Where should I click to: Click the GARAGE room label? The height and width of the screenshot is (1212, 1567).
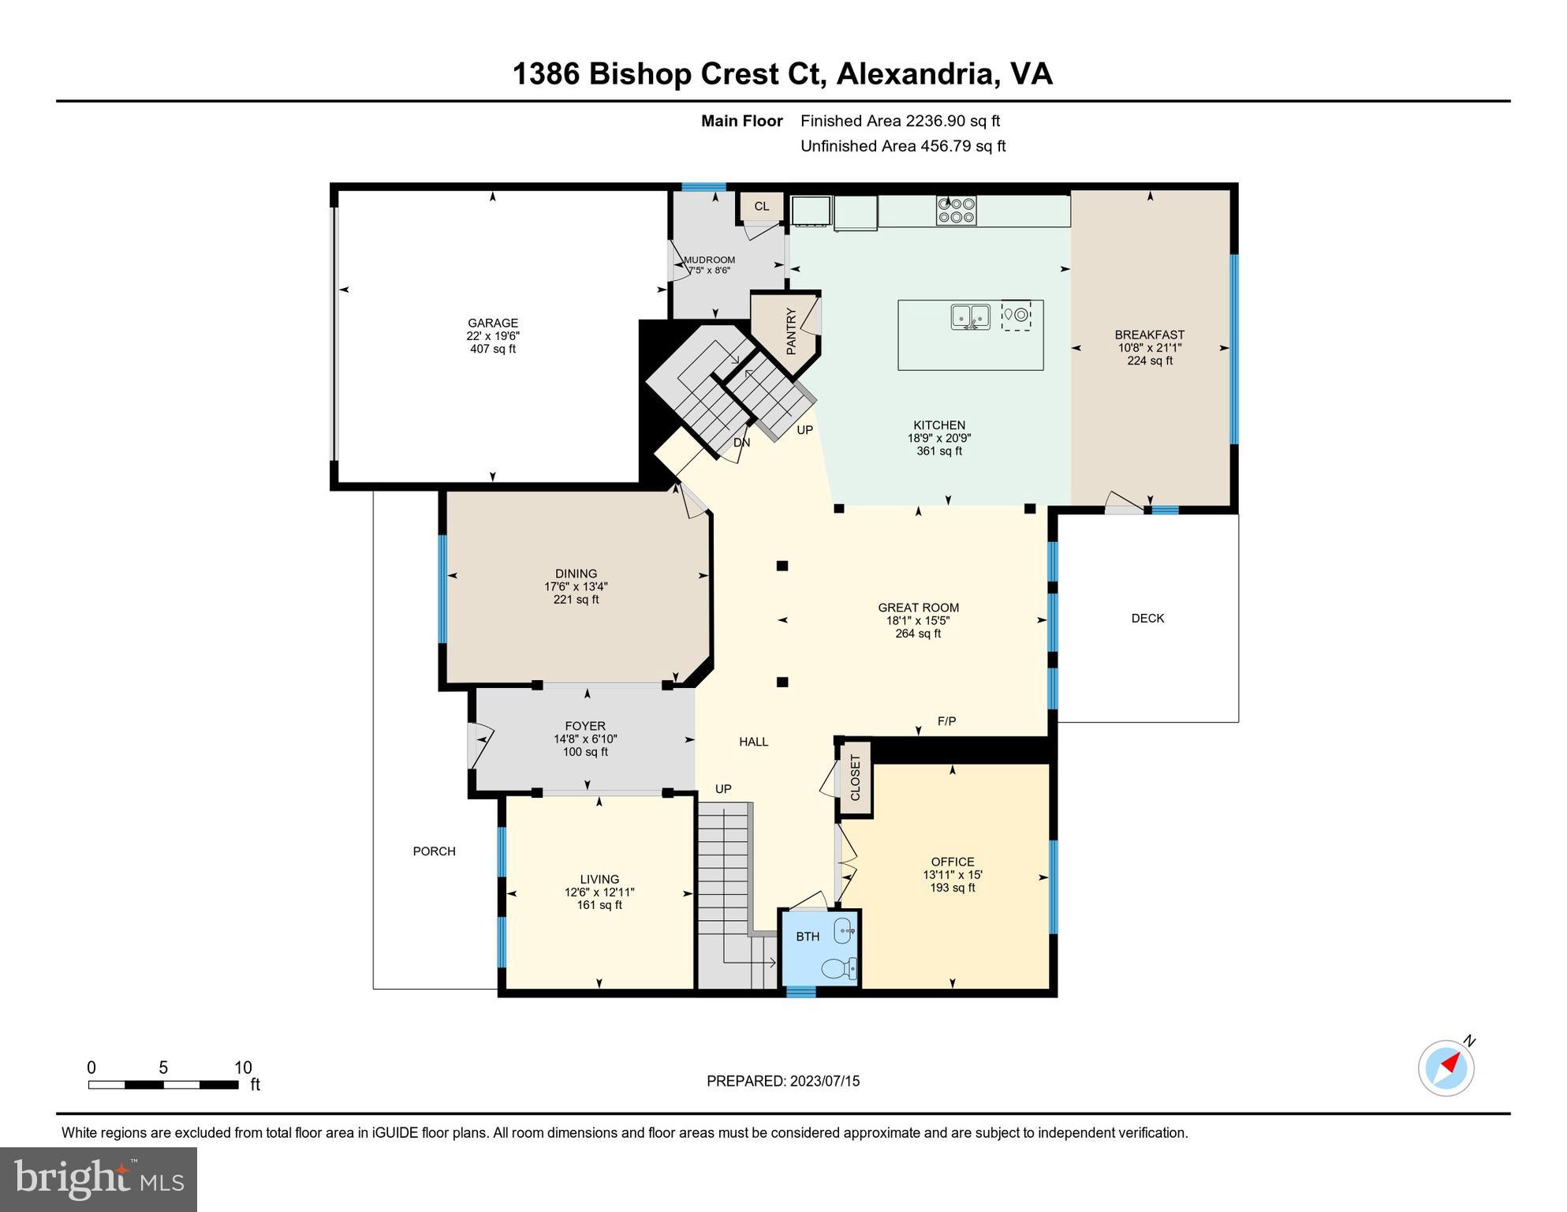pos(492,323)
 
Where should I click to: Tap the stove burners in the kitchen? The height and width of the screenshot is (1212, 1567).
pos(956,211)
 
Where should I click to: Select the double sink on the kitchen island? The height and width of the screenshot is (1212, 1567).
pos(970,316)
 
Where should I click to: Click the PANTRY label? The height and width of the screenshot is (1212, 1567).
pos(791,331)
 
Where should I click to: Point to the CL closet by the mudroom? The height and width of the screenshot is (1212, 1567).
pos(761,207)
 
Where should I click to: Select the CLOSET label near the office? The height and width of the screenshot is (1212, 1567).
pos(856,777)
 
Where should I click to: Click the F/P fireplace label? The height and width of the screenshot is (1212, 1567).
pos(946,721)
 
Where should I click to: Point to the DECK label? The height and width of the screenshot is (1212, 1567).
pos(1147,619)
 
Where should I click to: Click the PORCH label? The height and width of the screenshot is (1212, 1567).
pos(434,851)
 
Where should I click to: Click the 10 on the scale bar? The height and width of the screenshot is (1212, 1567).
pos(243,1068)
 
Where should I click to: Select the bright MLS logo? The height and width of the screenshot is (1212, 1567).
pos(99,1179)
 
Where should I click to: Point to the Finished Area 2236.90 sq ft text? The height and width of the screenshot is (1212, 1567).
pos(900,121)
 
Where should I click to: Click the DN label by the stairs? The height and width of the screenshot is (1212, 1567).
pos(741,443)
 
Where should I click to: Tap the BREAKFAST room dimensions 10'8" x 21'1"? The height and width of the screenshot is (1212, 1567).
pos(1149,348)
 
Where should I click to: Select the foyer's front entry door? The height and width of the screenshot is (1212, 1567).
pos(479,746)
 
